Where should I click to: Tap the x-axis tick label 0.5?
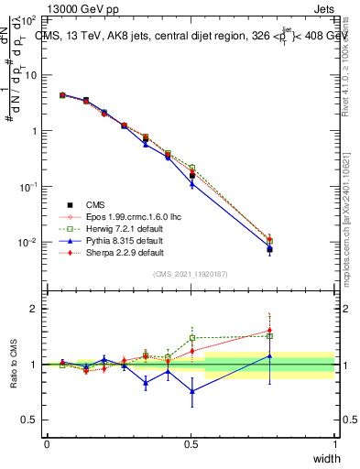(191, 444)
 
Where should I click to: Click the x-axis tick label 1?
(334, 444)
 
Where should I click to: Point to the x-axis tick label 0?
(47, 444)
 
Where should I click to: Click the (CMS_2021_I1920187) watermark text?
(191, 273)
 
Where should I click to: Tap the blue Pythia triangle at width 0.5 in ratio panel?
(191, 391)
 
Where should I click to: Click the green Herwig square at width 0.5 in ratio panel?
(191, 338)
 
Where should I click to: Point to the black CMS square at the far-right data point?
(269, 249)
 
